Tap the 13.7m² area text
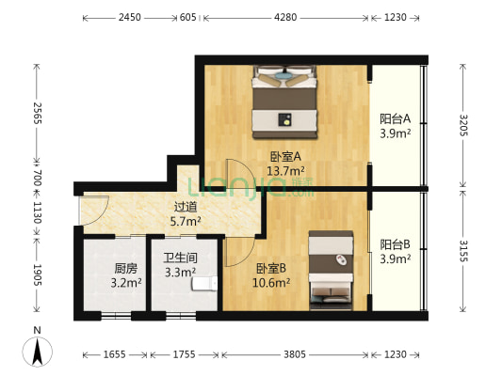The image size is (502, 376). click(x=285, y=171)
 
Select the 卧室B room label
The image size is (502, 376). click(x=271, y=268)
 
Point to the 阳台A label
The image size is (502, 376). click(x=395, y=118)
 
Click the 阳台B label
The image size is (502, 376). click(x=395, y=244)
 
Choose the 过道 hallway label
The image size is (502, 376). click(x=186, y=207)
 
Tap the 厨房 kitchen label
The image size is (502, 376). click(x=126, y=269)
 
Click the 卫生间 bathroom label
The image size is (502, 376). click(x=180, y=258)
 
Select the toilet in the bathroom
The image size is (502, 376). click(x=205, y=284)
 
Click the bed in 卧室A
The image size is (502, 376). click(x=284, y=102)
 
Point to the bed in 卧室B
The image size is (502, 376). click(x=332, y=271)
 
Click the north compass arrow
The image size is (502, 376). click(x=38, y=352)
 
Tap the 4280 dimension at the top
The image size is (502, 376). click(x=285, y=17)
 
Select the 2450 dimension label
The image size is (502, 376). click(x=130, y=17)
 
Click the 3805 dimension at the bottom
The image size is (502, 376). click(x=295, y=354)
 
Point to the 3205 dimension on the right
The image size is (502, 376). click(x=464, y=125)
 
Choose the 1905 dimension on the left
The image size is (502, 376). click(x=38, y=275)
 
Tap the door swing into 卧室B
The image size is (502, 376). click(x=240, y=252)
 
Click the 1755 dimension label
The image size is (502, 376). click(x=184, y=354)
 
